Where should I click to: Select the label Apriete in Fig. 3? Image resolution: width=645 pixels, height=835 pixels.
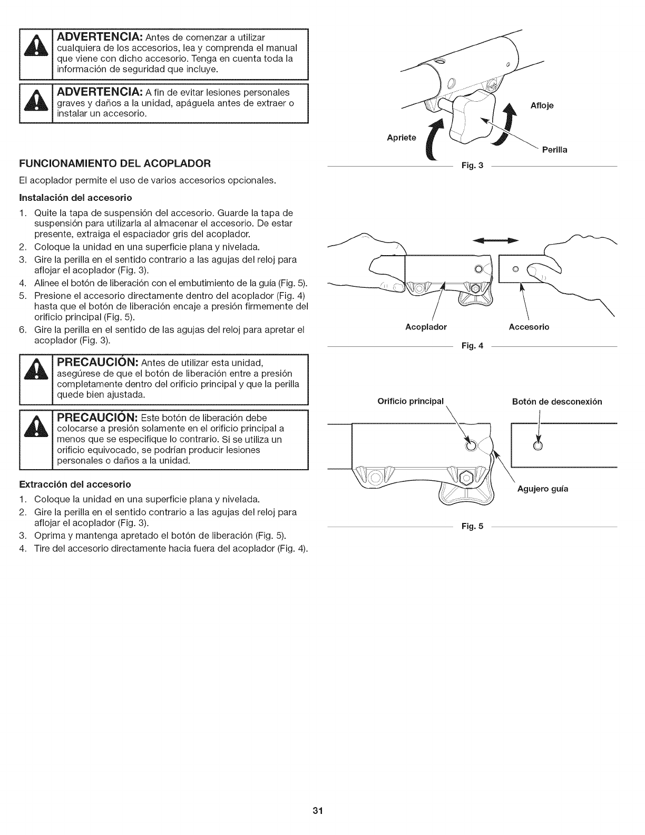pyautogui.click(x=402, y=138)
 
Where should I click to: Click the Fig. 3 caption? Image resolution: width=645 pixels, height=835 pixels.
pyautogui.click(x=472, y=167)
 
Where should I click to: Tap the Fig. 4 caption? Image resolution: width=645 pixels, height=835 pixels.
pyautogui.click(x=472, y=346)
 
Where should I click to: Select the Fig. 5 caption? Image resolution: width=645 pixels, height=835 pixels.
pyautogui.click(x=472, y=527)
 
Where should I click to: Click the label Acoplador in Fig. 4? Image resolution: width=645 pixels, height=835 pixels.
pyautogui.click(x=426, y=327)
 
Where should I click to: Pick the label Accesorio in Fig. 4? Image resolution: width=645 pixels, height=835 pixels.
pyautogui.click(x=529, y=327)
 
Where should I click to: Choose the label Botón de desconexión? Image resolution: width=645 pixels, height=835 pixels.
pyautogui.click(x=557, y=402)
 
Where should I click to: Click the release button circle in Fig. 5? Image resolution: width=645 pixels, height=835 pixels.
pyautogui.click(x=537, y=446)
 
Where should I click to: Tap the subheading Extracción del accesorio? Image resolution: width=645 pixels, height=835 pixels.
pyautogui.click(x=75, y=483)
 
